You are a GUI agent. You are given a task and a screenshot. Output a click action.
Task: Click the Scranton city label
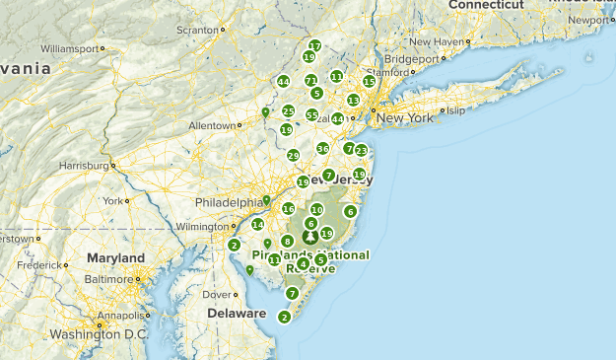coord(197,30)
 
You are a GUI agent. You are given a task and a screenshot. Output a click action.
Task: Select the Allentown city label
coord(213,125)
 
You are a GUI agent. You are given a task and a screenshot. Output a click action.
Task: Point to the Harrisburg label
coord(84,165)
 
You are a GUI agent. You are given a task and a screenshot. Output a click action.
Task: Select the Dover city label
coord(217,294)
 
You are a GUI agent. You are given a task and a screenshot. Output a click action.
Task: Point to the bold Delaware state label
coord(237,314)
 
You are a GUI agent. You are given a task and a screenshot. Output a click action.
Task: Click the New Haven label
coord(435,41)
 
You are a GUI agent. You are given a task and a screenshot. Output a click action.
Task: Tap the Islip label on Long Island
coord(454,110)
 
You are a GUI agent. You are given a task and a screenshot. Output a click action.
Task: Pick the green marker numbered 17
coord(314,46)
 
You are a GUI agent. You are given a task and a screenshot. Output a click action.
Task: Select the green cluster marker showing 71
coord(310,81)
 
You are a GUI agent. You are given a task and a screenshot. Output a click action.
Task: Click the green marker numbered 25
coord(288,111)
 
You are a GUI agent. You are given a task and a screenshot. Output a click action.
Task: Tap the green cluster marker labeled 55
coord(311,115)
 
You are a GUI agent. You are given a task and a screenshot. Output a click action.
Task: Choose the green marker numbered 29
coord(293,156)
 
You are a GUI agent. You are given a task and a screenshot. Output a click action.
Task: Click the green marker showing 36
coord(322,149)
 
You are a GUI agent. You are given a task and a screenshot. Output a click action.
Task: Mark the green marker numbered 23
coord(361,151)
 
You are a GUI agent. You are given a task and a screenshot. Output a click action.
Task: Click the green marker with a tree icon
coord(310,237)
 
